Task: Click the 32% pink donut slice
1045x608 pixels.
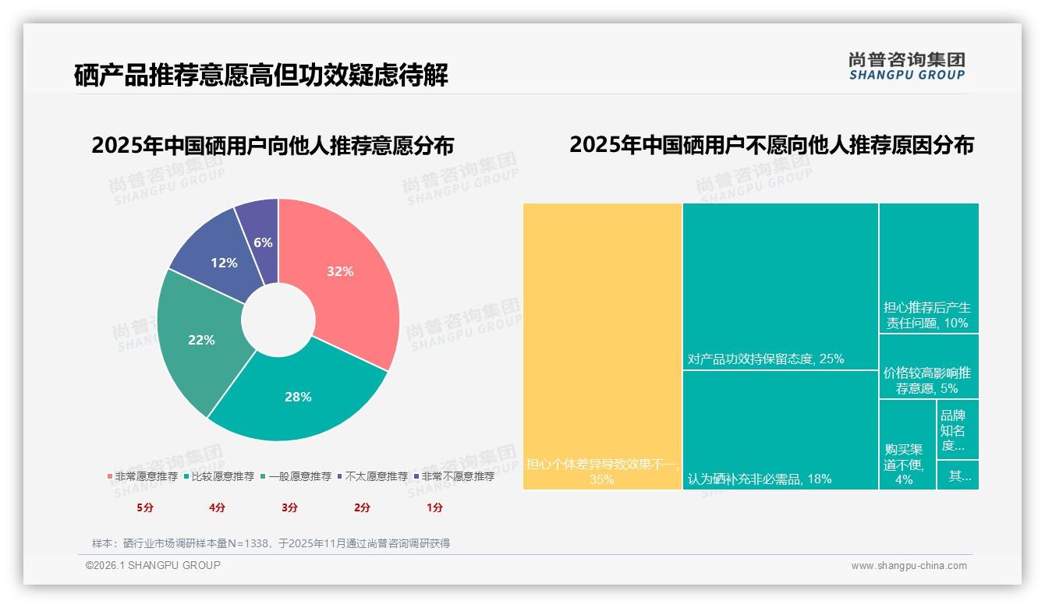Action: (339, 270)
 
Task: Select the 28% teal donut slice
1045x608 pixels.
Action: (298, 396)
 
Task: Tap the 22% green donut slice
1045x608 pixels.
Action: (201, 340)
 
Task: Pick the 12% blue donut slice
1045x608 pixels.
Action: (224, 263)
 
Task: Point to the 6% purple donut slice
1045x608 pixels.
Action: (263, 242)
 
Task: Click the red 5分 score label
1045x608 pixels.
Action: (145, 507)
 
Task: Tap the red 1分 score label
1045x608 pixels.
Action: (434, 507)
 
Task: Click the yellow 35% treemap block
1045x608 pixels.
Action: (602, 346)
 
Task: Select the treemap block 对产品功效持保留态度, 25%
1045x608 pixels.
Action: (780, 286)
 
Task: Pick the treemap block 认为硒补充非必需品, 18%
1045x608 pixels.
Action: (780, 429)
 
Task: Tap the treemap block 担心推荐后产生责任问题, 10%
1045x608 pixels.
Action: (928, 268)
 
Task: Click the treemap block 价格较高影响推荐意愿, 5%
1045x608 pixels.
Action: (928, 366)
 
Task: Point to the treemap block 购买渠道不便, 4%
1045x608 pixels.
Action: (906, 444)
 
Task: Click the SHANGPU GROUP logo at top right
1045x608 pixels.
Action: (906, 66)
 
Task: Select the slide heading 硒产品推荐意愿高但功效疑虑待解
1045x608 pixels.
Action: (260, 76)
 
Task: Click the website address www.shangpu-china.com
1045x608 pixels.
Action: (909, 566)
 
